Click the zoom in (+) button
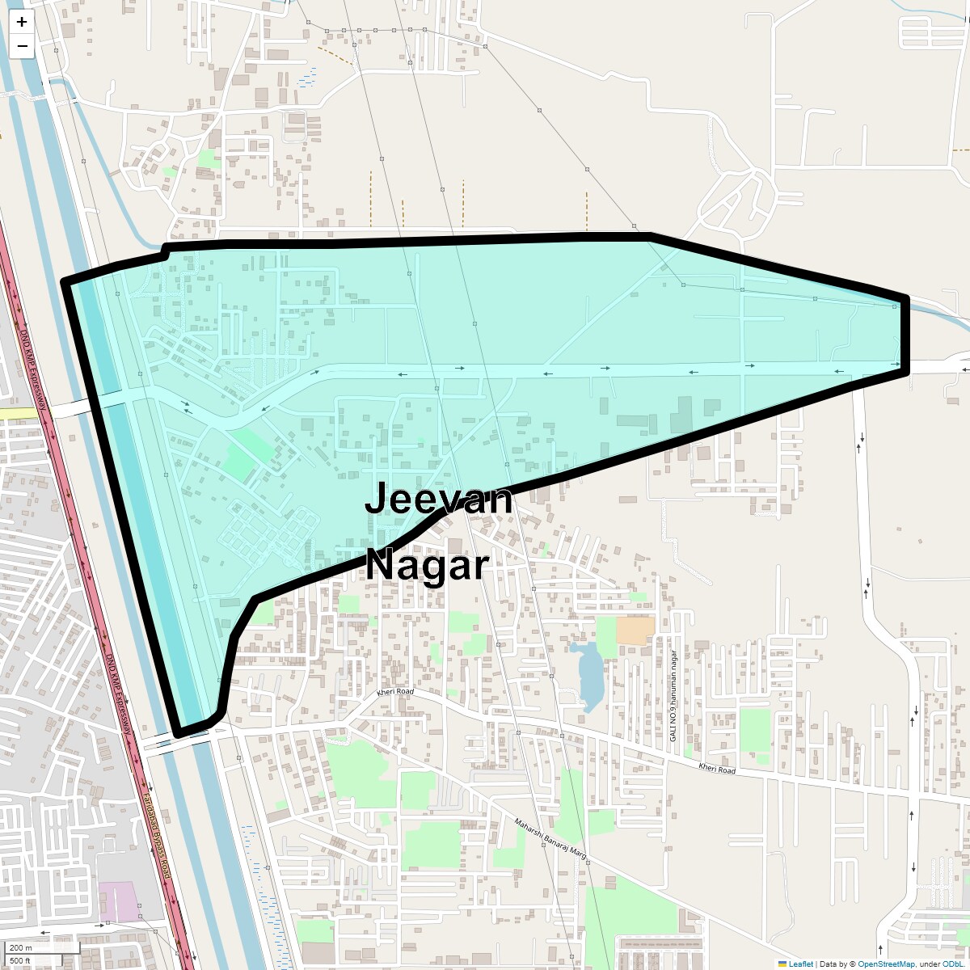pyautogui.click(x=22, y=22)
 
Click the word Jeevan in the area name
pyautogui.click(x=438, y=499)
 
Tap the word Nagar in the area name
pyautogui.click(x=428, y=565)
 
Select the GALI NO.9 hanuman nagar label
pyautogui.click(x=672, y=702)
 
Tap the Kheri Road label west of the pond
pyautogui.click(x=395, y=693)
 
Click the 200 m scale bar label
pyautogui.click(x=22, y=948)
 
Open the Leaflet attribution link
pyautogui.click(x=800, y=964)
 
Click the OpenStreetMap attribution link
pyautogui.click(x=886, y=964)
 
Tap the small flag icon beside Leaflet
pyautogui.click(x=782, y=964)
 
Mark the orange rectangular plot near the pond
pyautogui.click(x=635, y=631)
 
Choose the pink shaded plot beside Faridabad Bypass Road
pyautogui.click(x=118, y=900)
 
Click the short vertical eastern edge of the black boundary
pyautogui.click(x=905, y=335)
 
